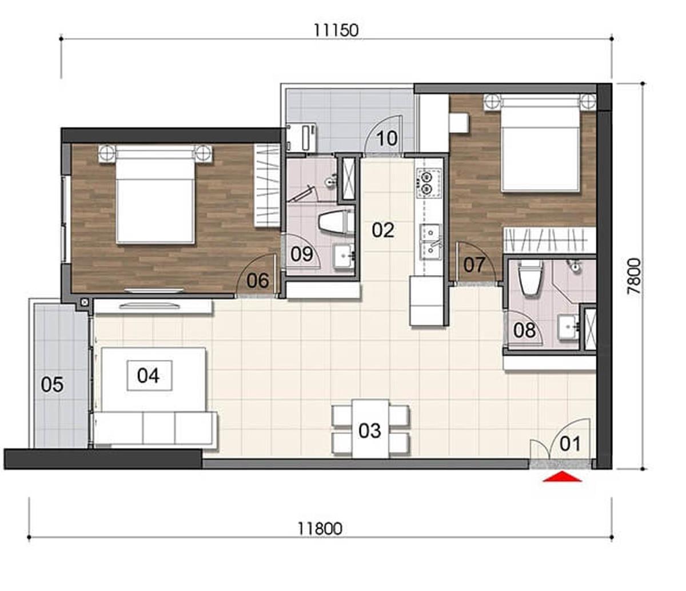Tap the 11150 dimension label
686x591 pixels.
click(336, 30)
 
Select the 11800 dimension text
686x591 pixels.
click(320, 529)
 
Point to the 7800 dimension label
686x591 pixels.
click(634, 276)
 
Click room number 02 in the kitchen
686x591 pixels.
click(383, 230)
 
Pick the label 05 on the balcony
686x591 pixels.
click(52, 384)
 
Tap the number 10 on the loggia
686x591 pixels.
click(387, 138)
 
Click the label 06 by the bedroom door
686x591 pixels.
click(258, 280)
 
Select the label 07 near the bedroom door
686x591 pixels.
click(474, 265)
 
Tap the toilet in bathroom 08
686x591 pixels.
click(531, 279)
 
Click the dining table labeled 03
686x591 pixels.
click(370, 429)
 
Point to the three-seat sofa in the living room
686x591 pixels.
click(155, 428)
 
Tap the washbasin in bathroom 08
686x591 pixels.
click(569, 328)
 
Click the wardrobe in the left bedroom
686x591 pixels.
click(267, 185)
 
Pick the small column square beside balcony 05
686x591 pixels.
click(85, 302)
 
